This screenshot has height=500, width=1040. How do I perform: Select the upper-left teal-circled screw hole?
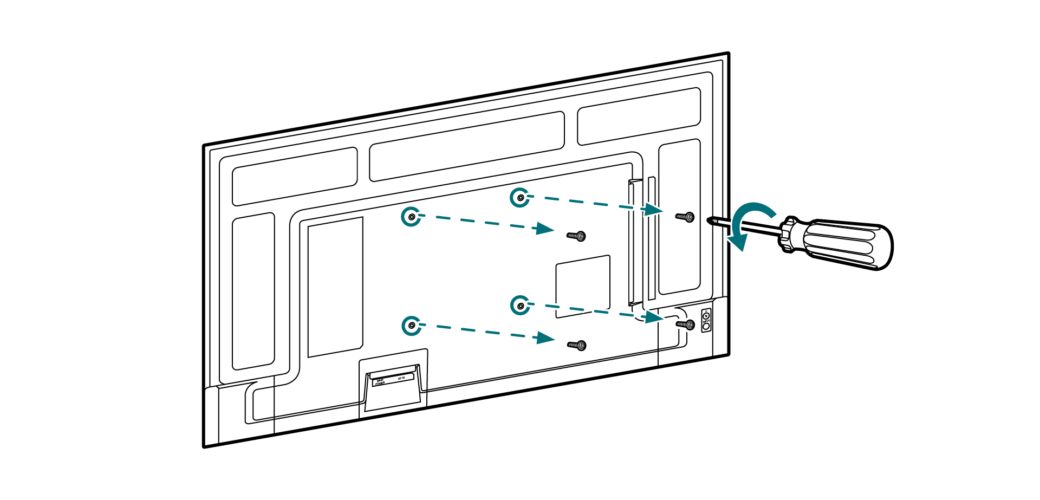click(412, 217)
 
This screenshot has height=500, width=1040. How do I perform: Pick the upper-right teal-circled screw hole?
click(520, 198)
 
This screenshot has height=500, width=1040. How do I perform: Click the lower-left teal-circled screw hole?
click(412, 326)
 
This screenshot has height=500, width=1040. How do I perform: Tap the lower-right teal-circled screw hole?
click(520, 306)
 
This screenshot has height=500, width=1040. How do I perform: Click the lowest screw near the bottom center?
click(577, 345)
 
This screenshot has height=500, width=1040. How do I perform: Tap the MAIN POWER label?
click(380, 382)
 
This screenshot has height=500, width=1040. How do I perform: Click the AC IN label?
click(401, 378)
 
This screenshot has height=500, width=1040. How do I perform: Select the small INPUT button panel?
click(706, 321)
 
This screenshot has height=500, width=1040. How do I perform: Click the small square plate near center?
click(583, 286)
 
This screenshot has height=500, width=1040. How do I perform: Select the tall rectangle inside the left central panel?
click(335, 287)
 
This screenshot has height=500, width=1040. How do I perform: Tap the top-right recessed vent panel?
click(639, 116)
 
